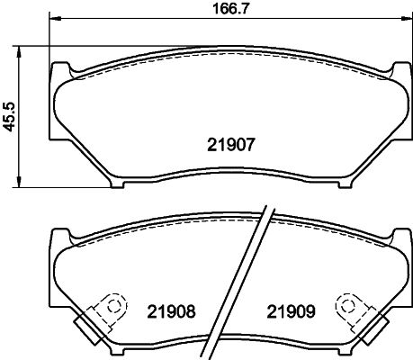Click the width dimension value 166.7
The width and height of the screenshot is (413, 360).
230,8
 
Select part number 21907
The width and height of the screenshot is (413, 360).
231,144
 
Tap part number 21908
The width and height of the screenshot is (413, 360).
171,311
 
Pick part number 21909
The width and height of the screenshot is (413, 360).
292,311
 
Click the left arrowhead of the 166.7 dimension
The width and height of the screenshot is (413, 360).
55,19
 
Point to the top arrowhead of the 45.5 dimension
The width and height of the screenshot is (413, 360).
19,52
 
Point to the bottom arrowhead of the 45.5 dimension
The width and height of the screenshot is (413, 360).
19,182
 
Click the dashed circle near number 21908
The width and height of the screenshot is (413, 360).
113,305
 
